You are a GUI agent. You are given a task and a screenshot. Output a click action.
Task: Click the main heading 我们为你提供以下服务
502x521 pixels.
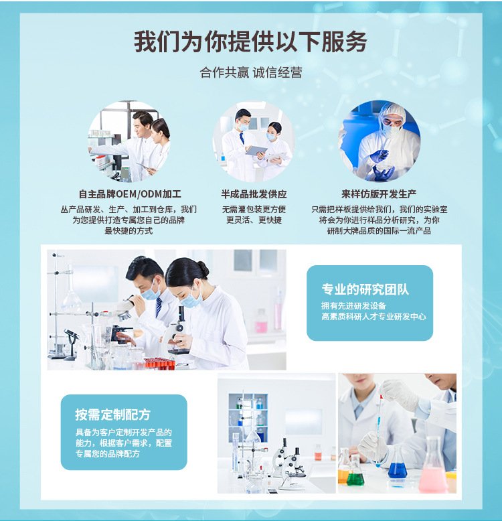(x=250, y=42)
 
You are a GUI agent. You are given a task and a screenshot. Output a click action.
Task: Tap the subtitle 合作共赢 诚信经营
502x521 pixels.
(x=251, y=72)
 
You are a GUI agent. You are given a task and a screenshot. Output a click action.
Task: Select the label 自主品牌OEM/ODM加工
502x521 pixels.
(x=130, y=194)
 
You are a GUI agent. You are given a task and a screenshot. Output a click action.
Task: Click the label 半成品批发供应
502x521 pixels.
(x=254, y=194)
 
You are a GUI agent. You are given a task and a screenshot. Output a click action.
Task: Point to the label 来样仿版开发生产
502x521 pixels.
(x=379, y=194)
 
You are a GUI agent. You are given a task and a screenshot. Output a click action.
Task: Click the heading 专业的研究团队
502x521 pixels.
(x=365, y=289)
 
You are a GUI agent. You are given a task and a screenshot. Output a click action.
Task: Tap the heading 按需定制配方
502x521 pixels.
(x=113, y=415)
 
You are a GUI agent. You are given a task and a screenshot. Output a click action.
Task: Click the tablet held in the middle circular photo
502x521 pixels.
(x=256, y=151)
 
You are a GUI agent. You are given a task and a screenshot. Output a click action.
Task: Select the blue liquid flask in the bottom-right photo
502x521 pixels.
(x=398, y=465)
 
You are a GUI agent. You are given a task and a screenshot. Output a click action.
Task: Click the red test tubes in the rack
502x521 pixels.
(x=160, y=364)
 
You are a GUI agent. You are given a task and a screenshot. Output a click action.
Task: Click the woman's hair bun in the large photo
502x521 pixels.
(x=203, y=269)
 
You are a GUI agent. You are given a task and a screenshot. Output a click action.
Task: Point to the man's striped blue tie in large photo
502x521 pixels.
(x=159, y=306)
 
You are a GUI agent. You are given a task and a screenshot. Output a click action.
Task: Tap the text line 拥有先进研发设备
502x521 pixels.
(x=353, y=305)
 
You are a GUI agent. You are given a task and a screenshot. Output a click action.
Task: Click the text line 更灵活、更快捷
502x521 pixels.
(x=254, y=220)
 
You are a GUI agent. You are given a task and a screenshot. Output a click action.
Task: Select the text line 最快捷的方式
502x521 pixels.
(x=129, y=230)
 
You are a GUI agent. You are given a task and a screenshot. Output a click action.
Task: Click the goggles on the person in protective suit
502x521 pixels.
(x=392, y=121)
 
